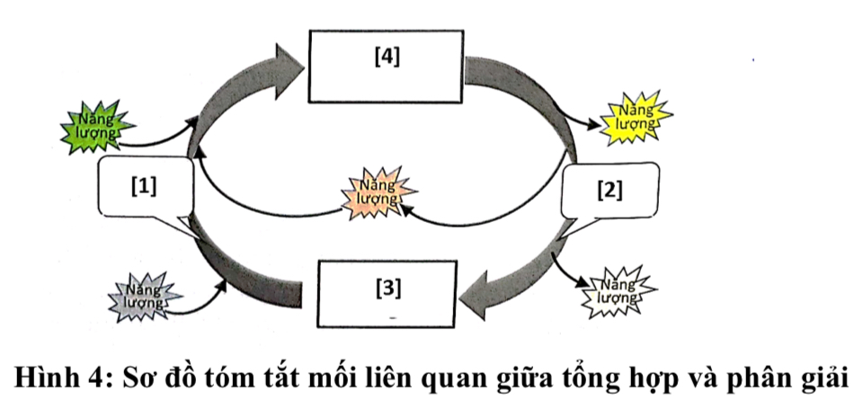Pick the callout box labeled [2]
(x=609, y=191)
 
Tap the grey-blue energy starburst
(x=145, y=296)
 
